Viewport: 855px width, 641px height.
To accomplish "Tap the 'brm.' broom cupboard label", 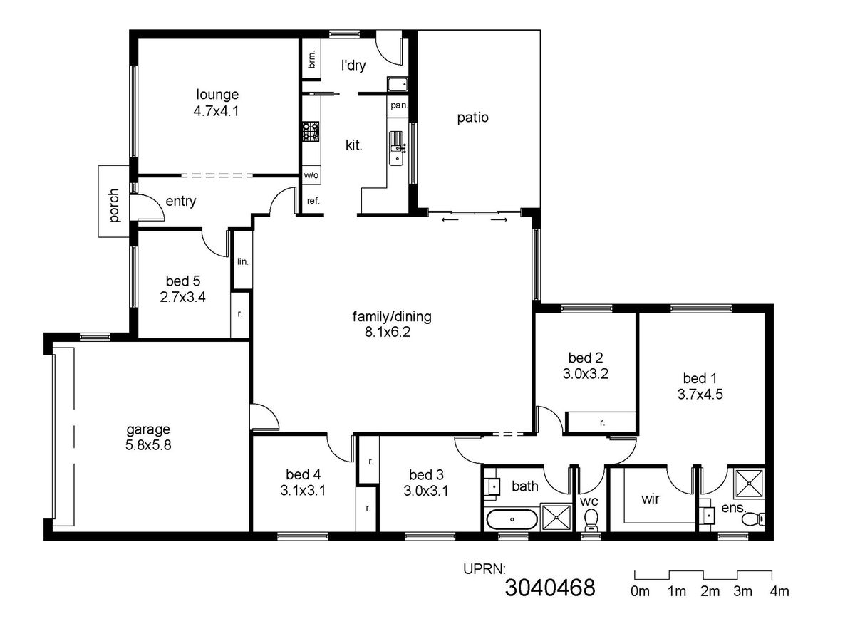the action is coord(311,59).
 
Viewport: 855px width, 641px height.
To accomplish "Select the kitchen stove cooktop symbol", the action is coord(311,131).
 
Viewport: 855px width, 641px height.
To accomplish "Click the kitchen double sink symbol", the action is coord(398,148).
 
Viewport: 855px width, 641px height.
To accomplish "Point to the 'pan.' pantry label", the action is coord(399,105).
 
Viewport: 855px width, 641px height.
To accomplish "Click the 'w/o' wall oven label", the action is coord(311,175).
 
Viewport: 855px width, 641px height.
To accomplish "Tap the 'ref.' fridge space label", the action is coord(313,201).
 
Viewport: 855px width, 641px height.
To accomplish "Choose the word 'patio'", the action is coord(472,118).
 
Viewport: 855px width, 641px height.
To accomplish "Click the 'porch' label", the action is coord(113,206).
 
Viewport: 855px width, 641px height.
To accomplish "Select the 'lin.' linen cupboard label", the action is coord(243,261).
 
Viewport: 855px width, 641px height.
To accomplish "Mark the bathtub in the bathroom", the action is coord(512,519).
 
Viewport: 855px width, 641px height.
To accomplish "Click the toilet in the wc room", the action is coord(591,520).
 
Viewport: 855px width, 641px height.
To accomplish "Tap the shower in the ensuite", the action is coord(749,484).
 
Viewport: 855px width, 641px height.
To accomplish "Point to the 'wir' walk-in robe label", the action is coord(651,499).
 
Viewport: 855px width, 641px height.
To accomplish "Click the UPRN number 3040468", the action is coord(550,588).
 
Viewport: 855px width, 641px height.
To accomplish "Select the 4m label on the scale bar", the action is coord(779,592).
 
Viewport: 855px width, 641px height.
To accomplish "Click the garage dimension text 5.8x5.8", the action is coord(148,445).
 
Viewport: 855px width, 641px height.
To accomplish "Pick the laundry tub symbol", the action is coord(398,83).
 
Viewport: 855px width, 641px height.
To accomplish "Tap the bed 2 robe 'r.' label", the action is coord(602,422).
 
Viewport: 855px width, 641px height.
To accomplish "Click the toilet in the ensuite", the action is coord(753,518).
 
